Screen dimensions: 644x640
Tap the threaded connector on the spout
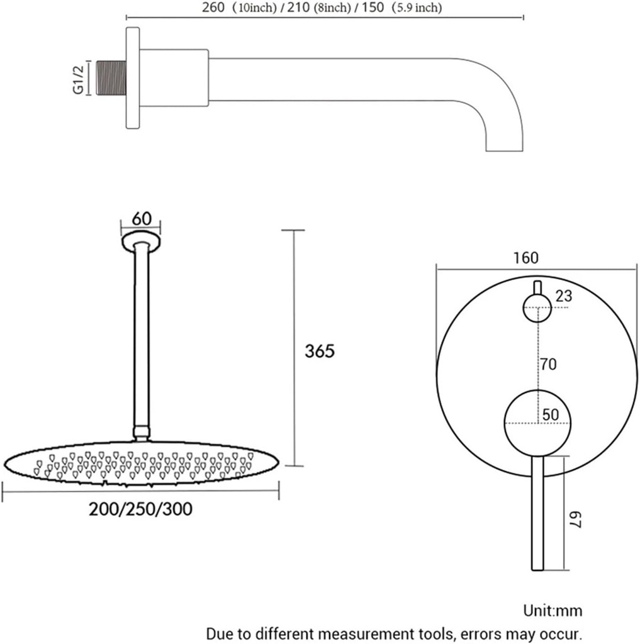point(111,79)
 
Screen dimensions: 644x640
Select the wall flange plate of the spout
point(133,78)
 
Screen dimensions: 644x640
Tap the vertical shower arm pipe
point(142,340)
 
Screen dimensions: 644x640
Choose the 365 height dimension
point(319,351)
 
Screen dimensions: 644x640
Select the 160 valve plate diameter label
point(525,257)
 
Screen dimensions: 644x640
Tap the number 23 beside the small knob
point(564,296)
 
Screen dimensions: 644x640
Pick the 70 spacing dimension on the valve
point(549,364)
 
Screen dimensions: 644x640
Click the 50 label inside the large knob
point(551,414)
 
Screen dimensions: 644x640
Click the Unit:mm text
point(553,610)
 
